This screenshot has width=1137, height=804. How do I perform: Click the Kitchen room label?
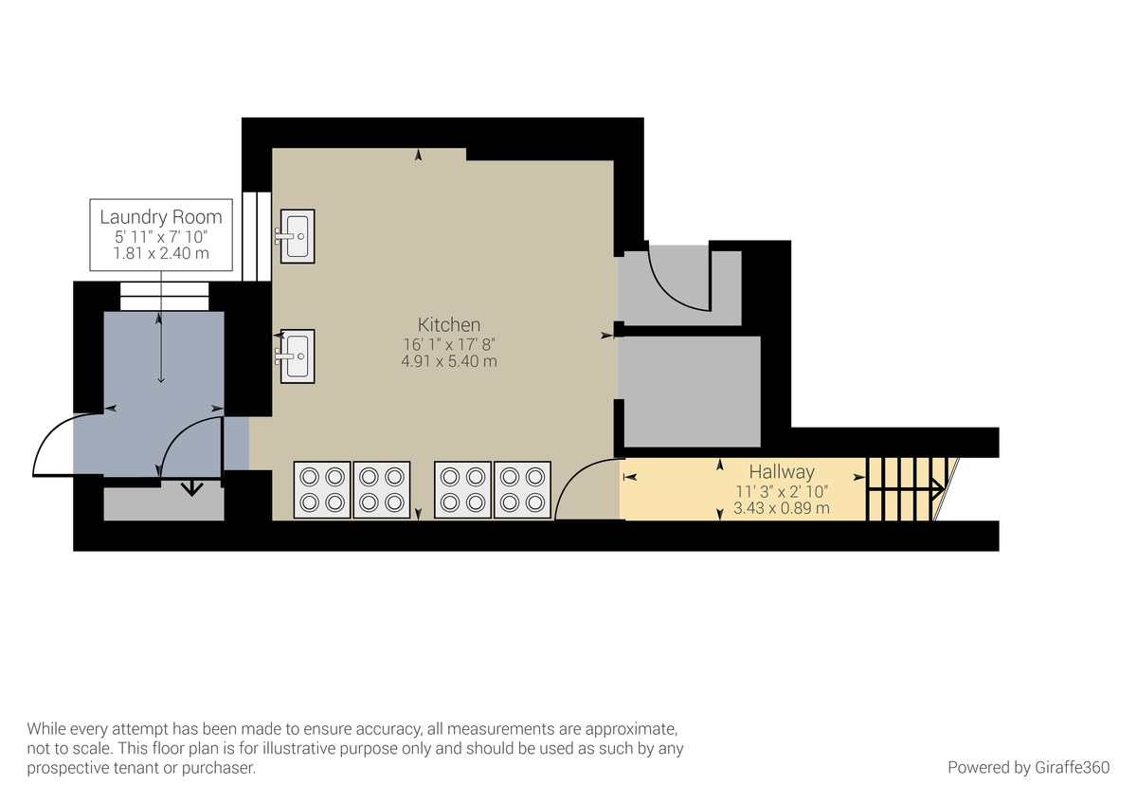click(x=449, y=324)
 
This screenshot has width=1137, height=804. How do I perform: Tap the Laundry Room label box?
click(x=161, y=234)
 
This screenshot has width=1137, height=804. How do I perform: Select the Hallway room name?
click(x=781, y=471)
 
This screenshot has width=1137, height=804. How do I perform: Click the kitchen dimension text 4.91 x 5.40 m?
click(x=449, y=361)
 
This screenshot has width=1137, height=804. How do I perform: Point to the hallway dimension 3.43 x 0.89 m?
click(x=781, y=507)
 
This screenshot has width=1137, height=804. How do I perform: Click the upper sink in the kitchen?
click(x=297, y=235)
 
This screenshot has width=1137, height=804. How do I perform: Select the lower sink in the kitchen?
click(x=297, y=356)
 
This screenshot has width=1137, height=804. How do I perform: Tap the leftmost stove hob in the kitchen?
click(x=322, y=489)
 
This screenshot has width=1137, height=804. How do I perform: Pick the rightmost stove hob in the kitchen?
click(x=522, y=489)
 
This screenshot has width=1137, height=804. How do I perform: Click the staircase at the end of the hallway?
click(x=905, y=489)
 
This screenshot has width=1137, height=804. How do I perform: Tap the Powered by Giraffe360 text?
click(x=1028, y=767)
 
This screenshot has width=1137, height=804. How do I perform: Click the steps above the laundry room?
click(x=164, y=296)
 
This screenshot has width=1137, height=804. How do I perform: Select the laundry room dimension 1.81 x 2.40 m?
click(x=161, y=253)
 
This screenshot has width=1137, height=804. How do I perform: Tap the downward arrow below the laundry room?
click(x=192, y=489)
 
